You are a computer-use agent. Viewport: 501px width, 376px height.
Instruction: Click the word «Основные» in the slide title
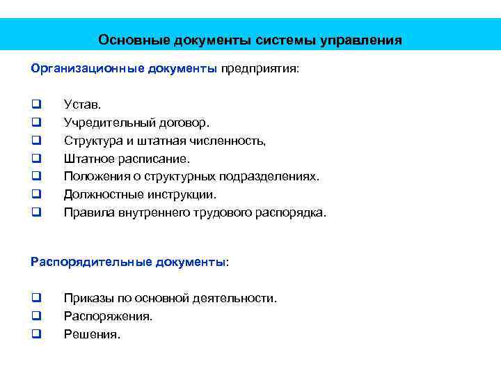[x=129, y=40]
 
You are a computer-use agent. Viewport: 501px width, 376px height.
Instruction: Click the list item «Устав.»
[x=83, y=104]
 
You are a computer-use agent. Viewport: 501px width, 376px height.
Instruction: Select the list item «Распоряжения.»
[x=109, y=316]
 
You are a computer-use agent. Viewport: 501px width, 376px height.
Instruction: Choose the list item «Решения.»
[x=93, y=334]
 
